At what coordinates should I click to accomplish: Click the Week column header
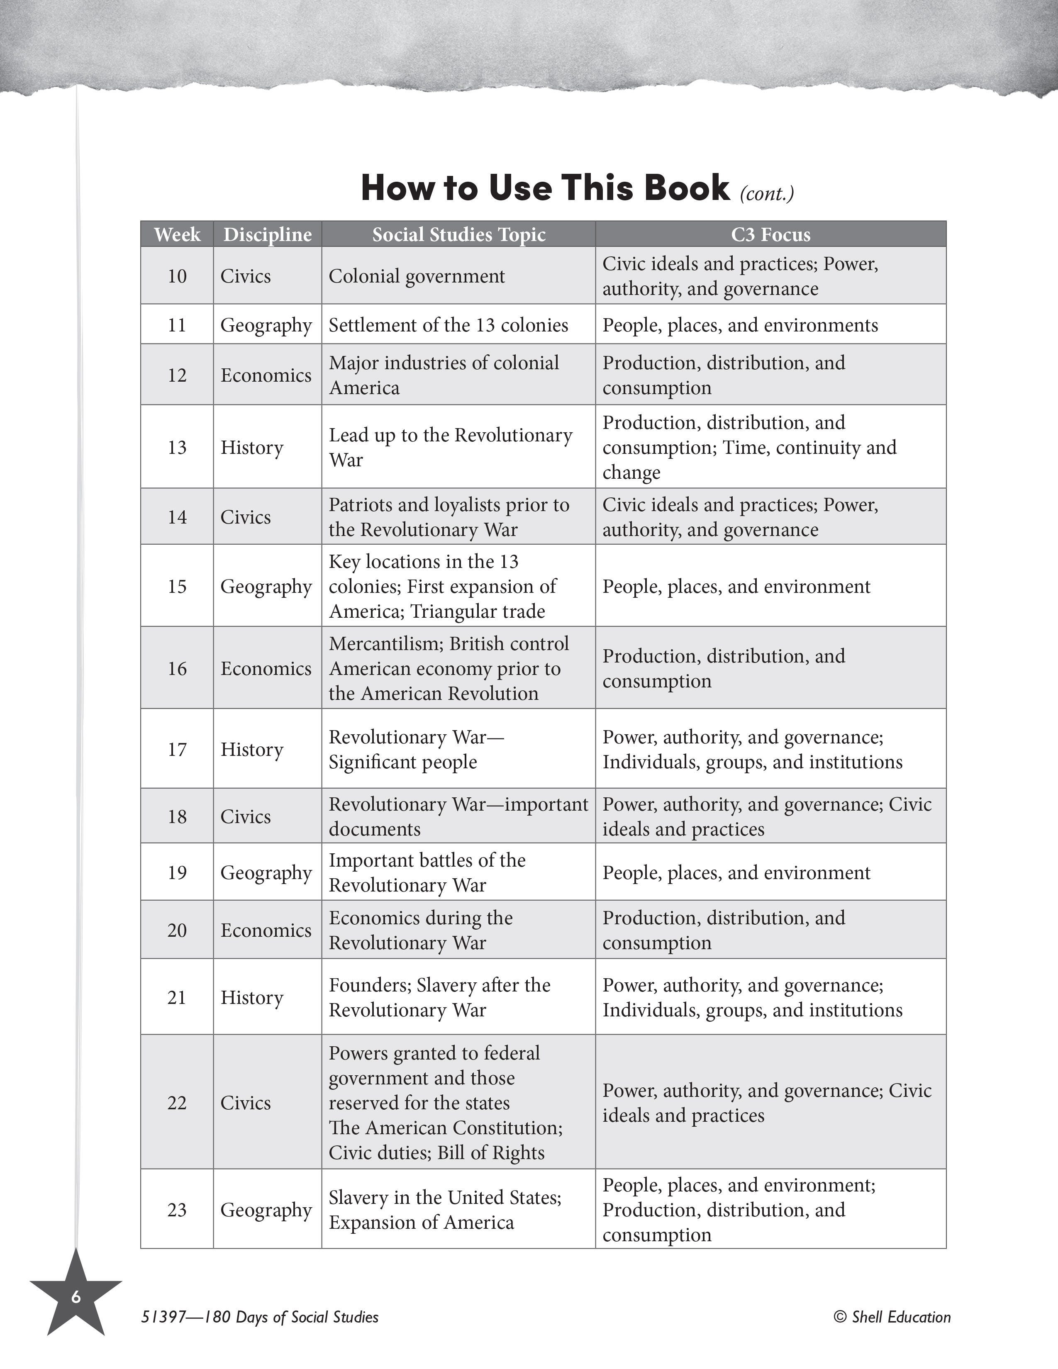pos(177,234)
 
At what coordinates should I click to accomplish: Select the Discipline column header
pos(268,234)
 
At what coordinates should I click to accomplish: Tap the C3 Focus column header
pos(770,234)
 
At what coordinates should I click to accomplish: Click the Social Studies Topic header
pos(459,234)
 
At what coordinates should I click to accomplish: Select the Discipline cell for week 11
pos(266,325)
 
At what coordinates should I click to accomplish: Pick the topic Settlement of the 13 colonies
pos(448,325)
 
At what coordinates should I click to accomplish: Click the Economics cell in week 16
pos(266,669)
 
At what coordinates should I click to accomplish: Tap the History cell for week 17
pos(252,750)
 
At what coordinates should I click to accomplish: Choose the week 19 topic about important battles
pos(427,872)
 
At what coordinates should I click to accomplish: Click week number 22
pos(177,1103)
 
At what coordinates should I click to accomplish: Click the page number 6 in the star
pos(76,1297)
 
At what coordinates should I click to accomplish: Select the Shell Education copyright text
pos(892,1317)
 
